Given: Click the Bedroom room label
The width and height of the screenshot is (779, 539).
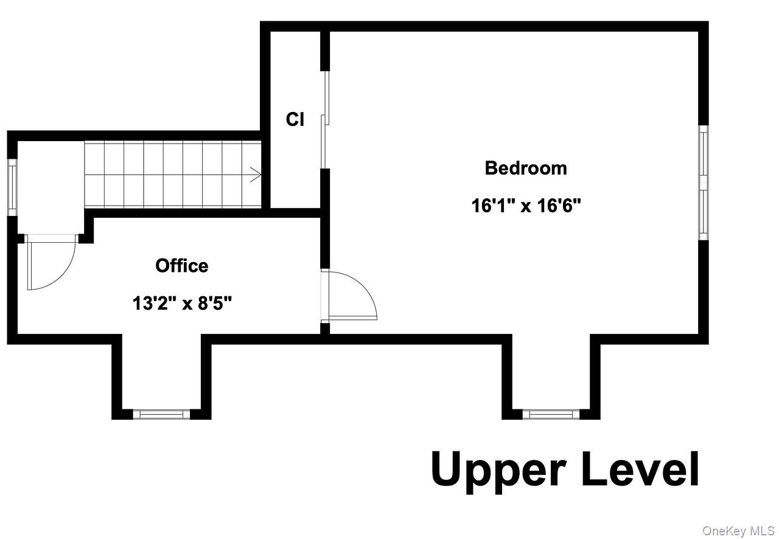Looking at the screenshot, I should pyautogui.click(x=526, y=168).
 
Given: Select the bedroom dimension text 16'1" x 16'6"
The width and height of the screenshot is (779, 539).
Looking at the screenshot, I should pyautogui.click(x=526, y=206).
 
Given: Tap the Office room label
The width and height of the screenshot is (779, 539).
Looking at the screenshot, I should pyautogui.click(x=181, y=266).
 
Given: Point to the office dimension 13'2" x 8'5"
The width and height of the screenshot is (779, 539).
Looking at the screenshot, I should pyautogui.click(x=182, y=302).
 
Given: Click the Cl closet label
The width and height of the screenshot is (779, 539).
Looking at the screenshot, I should pyautogui.click(x=295, y=120).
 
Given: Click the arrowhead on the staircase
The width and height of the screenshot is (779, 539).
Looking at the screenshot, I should pyautogui.click(x=256, y=175).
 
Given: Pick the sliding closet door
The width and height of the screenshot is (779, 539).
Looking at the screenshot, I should pyautogui.click(x=325, y=119).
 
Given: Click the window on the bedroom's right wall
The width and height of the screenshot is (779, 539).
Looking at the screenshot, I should pyautogui.click(x=704, y=183).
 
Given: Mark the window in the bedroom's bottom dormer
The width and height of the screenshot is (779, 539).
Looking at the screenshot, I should pyautogui.click(x=551, y=414).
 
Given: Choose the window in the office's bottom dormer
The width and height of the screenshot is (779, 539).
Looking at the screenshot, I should pyautogui.click(x=161, y=414).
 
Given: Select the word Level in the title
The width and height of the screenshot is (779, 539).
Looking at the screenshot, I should pyautogui.click(x=640, y=469).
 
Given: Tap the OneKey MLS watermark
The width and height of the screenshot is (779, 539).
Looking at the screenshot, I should pyautogui.click(x=738, y=530).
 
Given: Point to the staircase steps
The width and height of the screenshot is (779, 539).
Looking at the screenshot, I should pyautogui.click(x=170, y=175).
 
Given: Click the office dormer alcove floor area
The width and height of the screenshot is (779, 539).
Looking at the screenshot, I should pyautogui.click(x=161, y=371).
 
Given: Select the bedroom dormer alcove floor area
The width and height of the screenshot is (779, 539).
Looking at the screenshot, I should pyautogui.click(x=551, y=371).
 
